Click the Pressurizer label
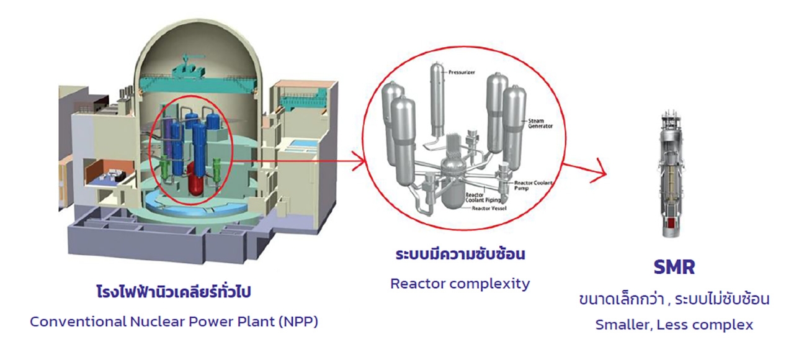point(462,73)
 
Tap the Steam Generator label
point(540,124)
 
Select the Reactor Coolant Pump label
point(533,186)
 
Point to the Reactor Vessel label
point(489,208)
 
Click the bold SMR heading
point(674,267)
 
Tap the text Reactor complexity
point(460,284)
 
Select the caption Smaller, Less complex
point(674,325)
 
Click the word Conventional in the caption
point(78,322)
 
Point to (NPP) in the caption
point(298,322)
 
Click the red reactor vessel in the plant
point(196,178)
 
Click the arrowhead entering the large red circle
point(360,161)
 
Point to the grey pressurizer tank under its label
point(437,104)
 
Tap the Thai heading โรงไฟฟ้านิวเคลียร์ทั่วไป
point(174,292)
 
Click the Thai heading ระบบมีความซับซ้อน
point(460,254)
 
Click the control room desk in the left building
point(114,174)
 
